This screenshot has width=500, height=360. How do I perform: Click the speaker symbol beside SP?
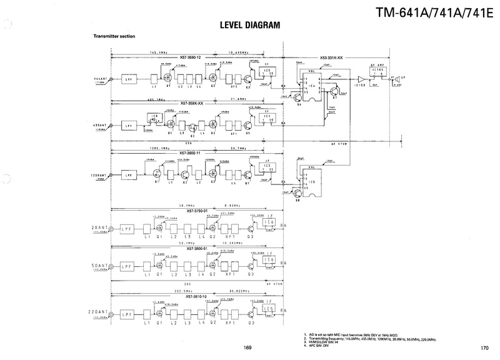click(396, 79)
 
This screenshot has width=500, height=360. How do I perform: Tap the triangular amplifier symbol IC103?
click(361, 79)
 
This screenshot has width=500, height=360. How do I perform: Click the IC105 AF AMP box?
click(377, 72)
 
